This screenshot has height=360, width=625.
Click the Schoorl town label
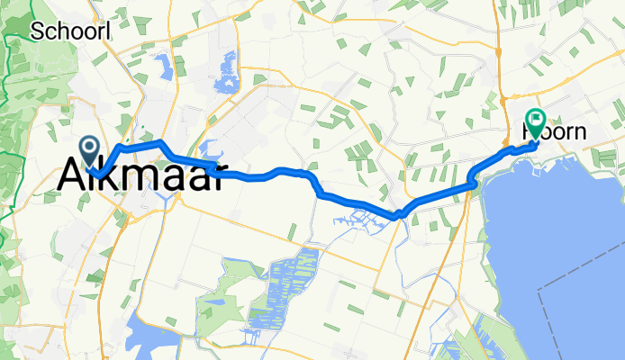coord(72,31)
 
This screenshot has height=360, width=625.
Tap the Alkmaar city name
coord(141,174)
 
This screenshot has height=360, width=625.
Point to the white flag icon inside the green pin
coord(537,118)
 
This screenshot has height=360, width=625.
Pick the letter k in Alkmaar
coord(106,174)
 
